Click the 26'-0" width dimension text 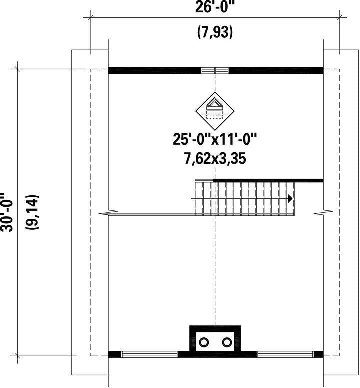(215, 7)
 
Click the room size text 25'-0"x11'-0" (215, 139)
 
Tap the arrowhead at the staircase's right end (290, 198)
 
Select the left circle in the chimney (203, 342)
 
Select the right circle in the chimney (227, 342)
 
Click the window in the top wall (215, 70)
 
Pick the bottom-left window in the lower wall (150, 354)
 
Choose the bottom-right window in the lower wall (285, 354)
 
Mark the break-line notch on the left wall (104, 214)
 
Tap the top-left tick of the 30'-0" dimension (18, 68)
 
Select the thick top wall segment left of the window (155, 70)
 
